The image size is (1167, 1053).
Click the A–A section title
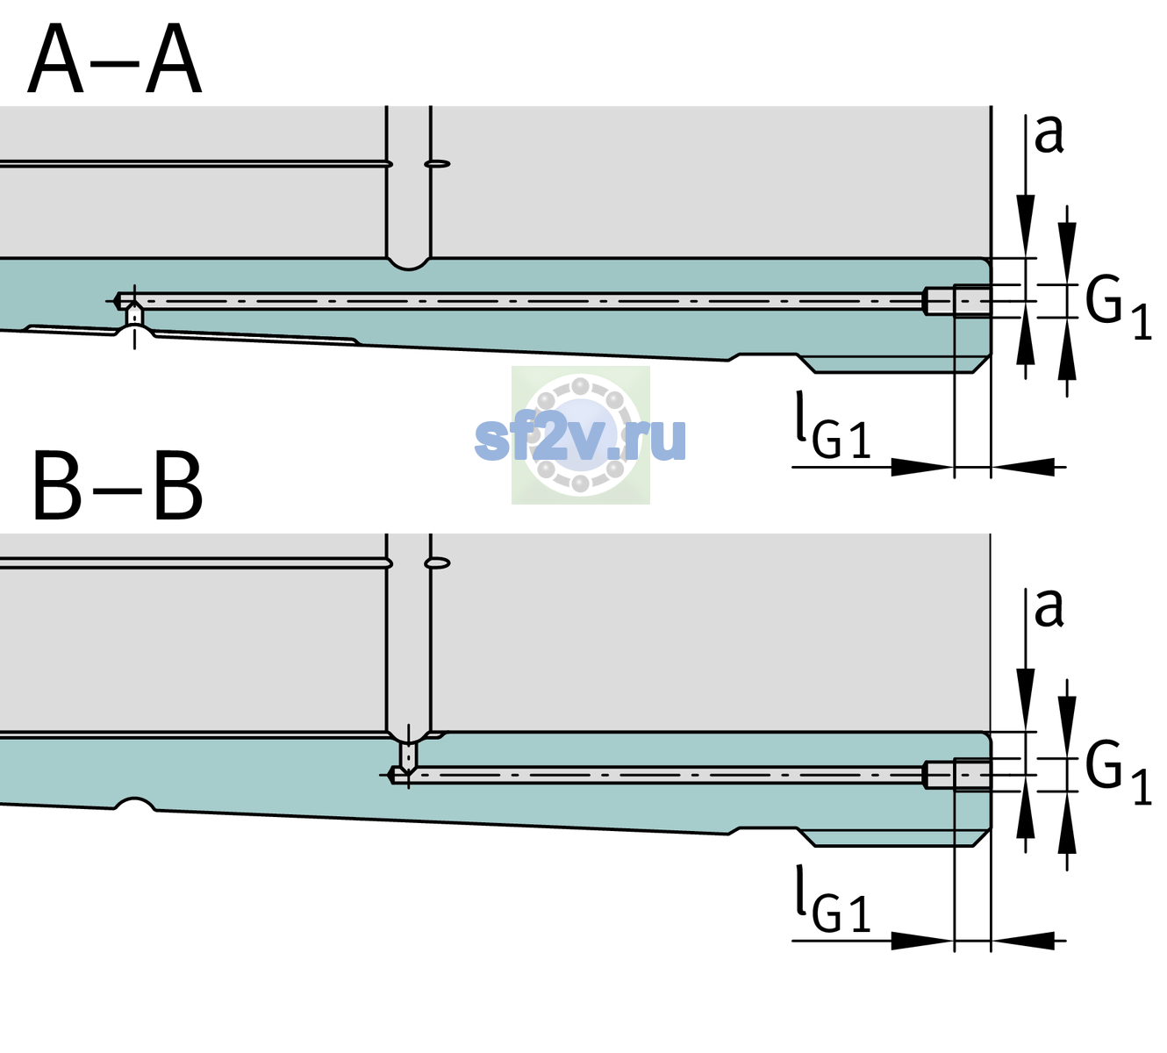(x=115, y=59)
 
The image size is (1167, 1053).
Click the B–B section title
(x=118, y=486)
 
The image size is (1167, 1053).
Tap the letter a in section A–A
(x=1049, y=134)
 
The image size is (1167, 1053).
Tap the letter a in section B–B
(x=1049, y=608)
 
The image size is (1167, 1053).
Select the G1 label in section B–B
(x=1118, y=775)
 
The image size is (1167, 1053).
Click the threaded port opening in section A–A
(x=957, y=301)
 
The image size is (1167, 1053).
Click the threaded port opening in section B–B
(x=957, y=776)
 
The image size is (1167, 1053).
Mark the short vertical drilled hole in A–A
(x=134, y=316)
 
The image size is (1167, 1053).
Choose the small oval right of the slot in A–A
(x=437, y=164)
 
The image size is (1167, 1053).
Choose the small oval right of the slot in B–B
(x=437, y=563)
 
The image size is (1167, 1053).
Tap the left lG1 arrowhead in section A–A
(x=922, y=467)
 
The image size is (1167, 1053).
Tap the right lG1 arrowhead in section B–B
(x=1023, y=941)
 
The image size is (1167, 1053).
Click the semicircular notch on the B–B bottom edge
(x=135, y=804)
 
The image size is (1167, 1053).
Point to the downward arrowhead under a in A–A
(x=1026, y=226)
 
